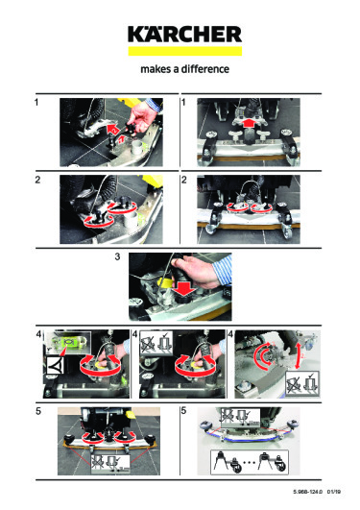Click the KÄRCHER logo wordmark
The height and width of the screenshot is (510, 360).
click(x=184, y=35)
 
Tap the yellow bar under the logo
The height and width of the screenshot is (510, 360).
click(x=184, y=51)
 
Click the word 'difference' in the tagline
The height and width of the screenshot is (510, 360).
click(x=205, y=69)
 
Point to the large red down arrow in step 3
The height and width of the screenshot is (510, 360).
click(x=183, y=287)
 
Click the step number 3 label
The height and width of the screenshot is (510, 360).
click(x=117, y=257)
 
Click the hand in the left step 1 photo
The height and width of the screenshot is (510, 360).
click(x=142, y=116)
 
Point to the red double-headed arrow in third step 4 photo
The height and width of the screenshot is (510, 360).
click(x=298, y=355)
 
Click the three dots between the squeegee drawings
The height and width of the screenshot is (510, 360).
click(x=249, y=462)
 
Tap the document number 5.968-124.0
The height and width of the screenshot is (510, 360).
click(x=307, y=492)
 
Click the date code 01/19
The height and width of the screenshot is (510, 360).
click(x=334, y=492)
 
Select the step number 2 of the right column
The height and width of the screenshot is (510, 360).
click(x=184, y=180)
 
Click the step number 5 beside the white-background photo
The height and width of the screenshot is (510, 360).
click(x=183, y=411)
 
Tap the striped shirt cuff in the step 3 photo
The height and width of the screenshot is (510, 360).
click(x=224, y=269)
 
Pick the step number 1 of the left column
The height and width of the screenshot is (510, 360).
click(x=36, y=102)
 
